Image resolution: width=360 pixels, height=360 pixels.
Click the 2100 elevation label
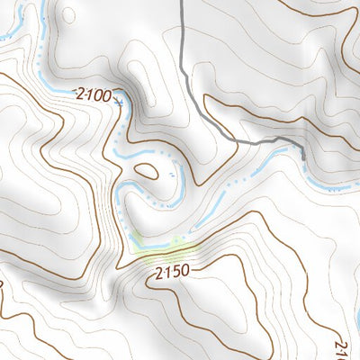pos(93,94)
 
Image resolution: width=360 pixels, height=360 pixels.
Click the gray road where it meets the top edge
pos(180,2)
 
